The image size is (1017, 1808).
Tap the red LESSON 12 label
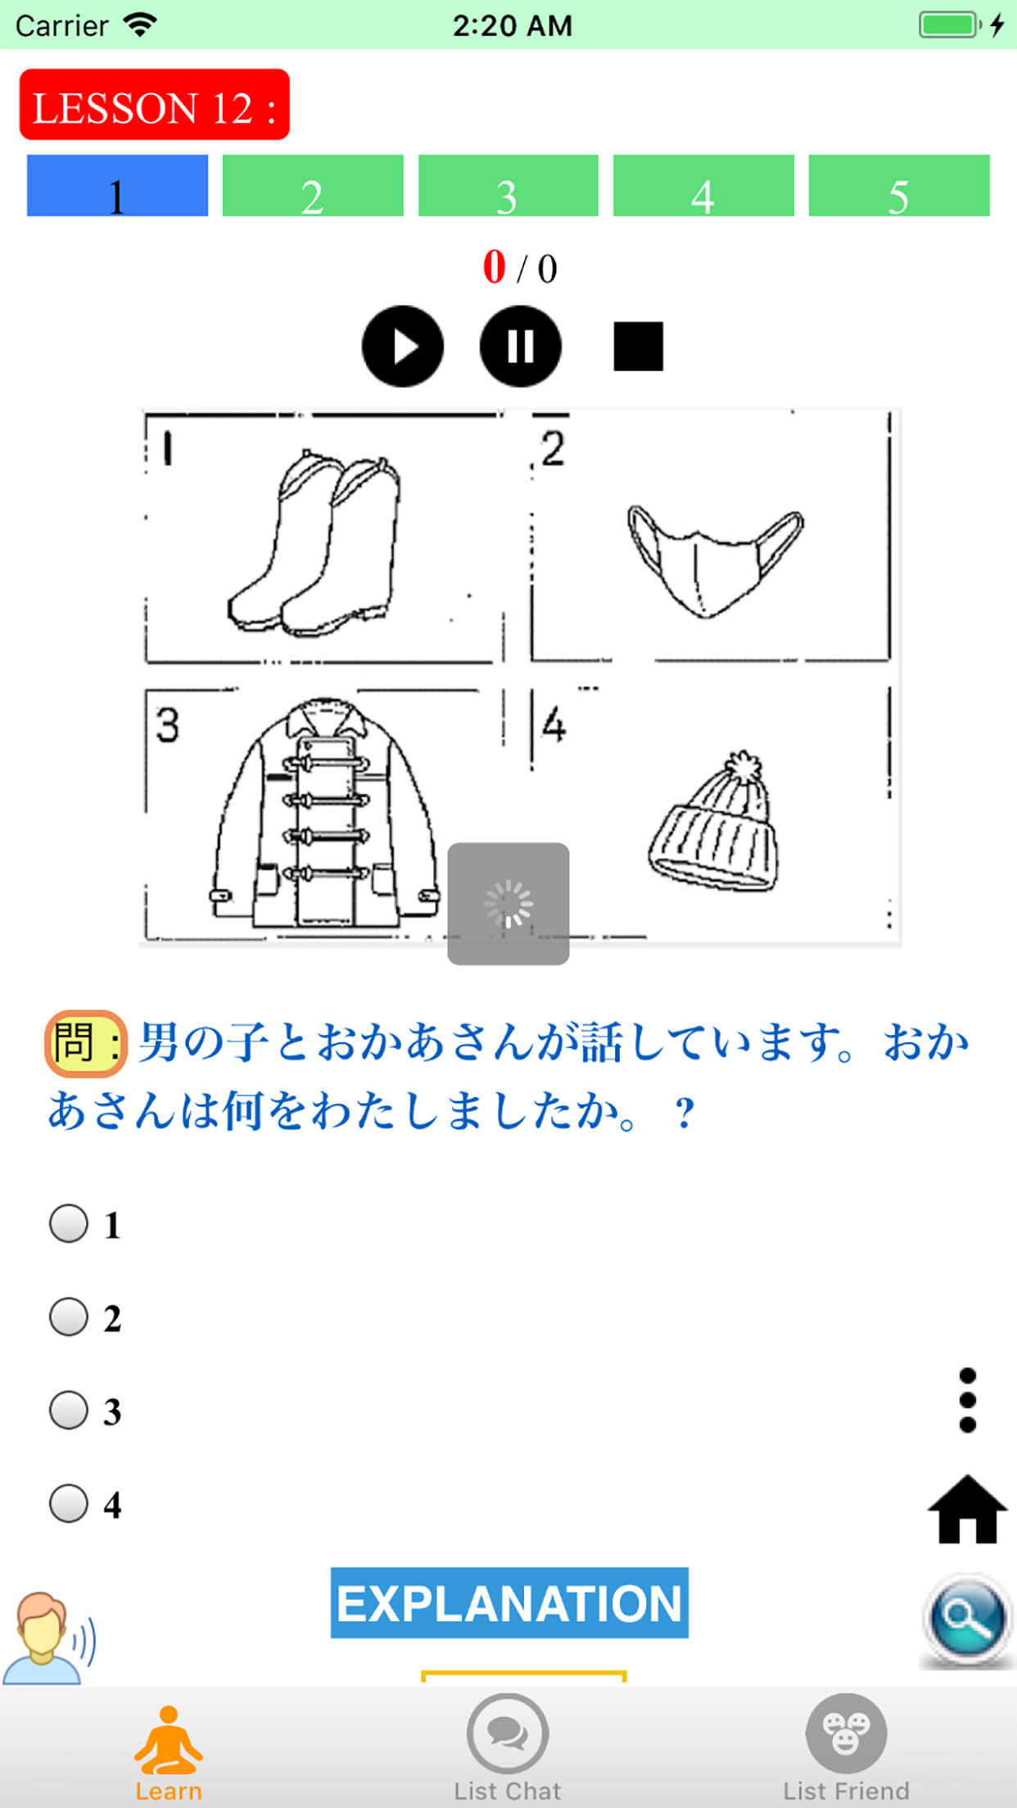pyautogui.click(x=154, y=105)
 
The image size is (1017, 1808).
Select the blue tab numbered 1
pyautogui.click(x=117, y=186)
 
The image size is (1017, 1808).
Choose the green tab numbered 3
pyautogui.click(x=508, y=186)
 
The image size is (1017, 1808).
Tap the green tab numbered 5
pyautogui.click(x=898, y=186)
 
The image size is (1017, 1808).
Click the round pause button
pyautogui.click(x=520, y=346)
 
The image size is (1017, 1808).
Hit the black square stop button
pyautogui.click(x=638, y=346)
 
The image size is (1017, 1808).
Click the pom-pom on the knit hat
pyautogui.click(x=743, y=768)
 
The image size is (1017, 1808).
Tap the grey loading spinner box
pyautogui.click(x=508, y=903)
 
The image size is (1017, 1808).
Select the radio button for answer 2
pyautogui.click(x=69, y=1318)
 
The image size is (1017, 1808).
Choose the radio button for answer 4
pyautogui.click(x=69, y=1504)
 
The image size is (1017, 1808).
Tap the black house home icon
pyautogui.click(x=967, y=1511)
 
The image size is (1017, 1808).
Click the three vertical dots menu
pyautogui.click(x=967, y=1400)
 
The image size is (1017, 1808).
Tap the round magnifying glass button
pyautogui.click(x=967, y=1619)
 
